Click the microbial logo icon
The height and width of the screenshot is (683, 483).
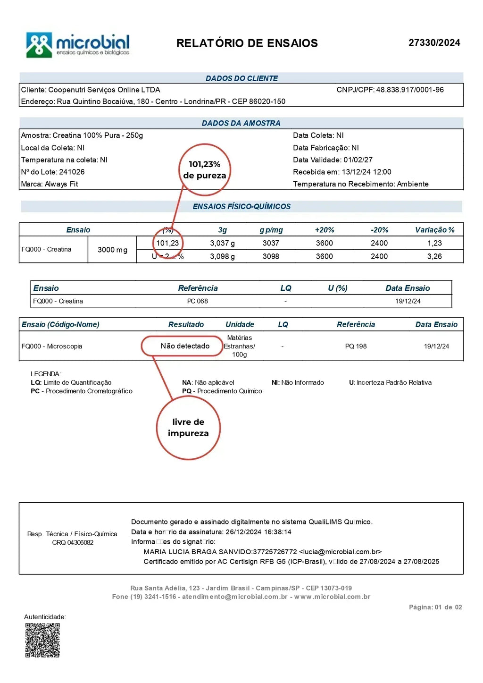click(39, 45)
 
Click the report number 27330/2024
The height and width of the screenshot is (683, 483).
click(434, 43)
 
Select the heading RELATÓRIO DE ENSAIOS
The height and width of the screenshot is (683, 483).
click(247, 43)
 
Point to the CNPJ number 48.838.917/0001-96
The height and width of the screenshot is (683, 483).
click(409, 90)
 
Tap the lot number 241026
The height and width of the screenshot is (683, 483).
click(72, 172)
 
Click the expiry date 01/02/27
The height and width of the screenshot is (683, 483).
click(358, 160)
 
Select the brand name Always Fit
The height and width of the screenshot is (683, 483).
click(61, 184)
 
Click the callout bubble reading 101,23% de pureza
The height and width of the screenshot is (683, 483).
click(205, 170)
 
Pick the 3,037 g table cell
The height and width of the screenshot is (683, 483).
click(222, 243)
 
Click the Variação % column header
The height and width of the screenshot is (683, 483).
click(434, 230)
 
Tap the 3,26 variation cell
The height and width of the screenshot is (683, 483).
click(434, 256)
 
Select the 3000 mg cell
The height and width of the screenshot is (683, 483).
click(112, 250)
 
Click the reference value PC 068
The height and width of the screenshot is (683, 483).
click(197, 301)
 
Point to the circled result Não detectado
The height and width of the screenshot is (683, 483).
click(185, 346)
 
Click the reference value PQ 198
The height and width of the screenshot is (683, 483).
click(356, 346)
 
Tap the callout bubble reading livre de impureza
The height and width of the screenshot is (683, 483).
click(188, 428)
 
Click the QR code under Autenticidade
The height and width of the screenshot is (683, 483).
click(42, 640)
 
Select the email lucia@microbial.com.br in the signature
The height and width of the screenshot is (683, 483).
click(340, 552)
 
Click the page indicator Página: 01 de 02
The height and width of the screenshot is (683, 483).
click(435, 607)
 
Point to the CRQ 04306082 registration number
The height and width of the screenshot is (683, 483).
click(73, 543)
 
